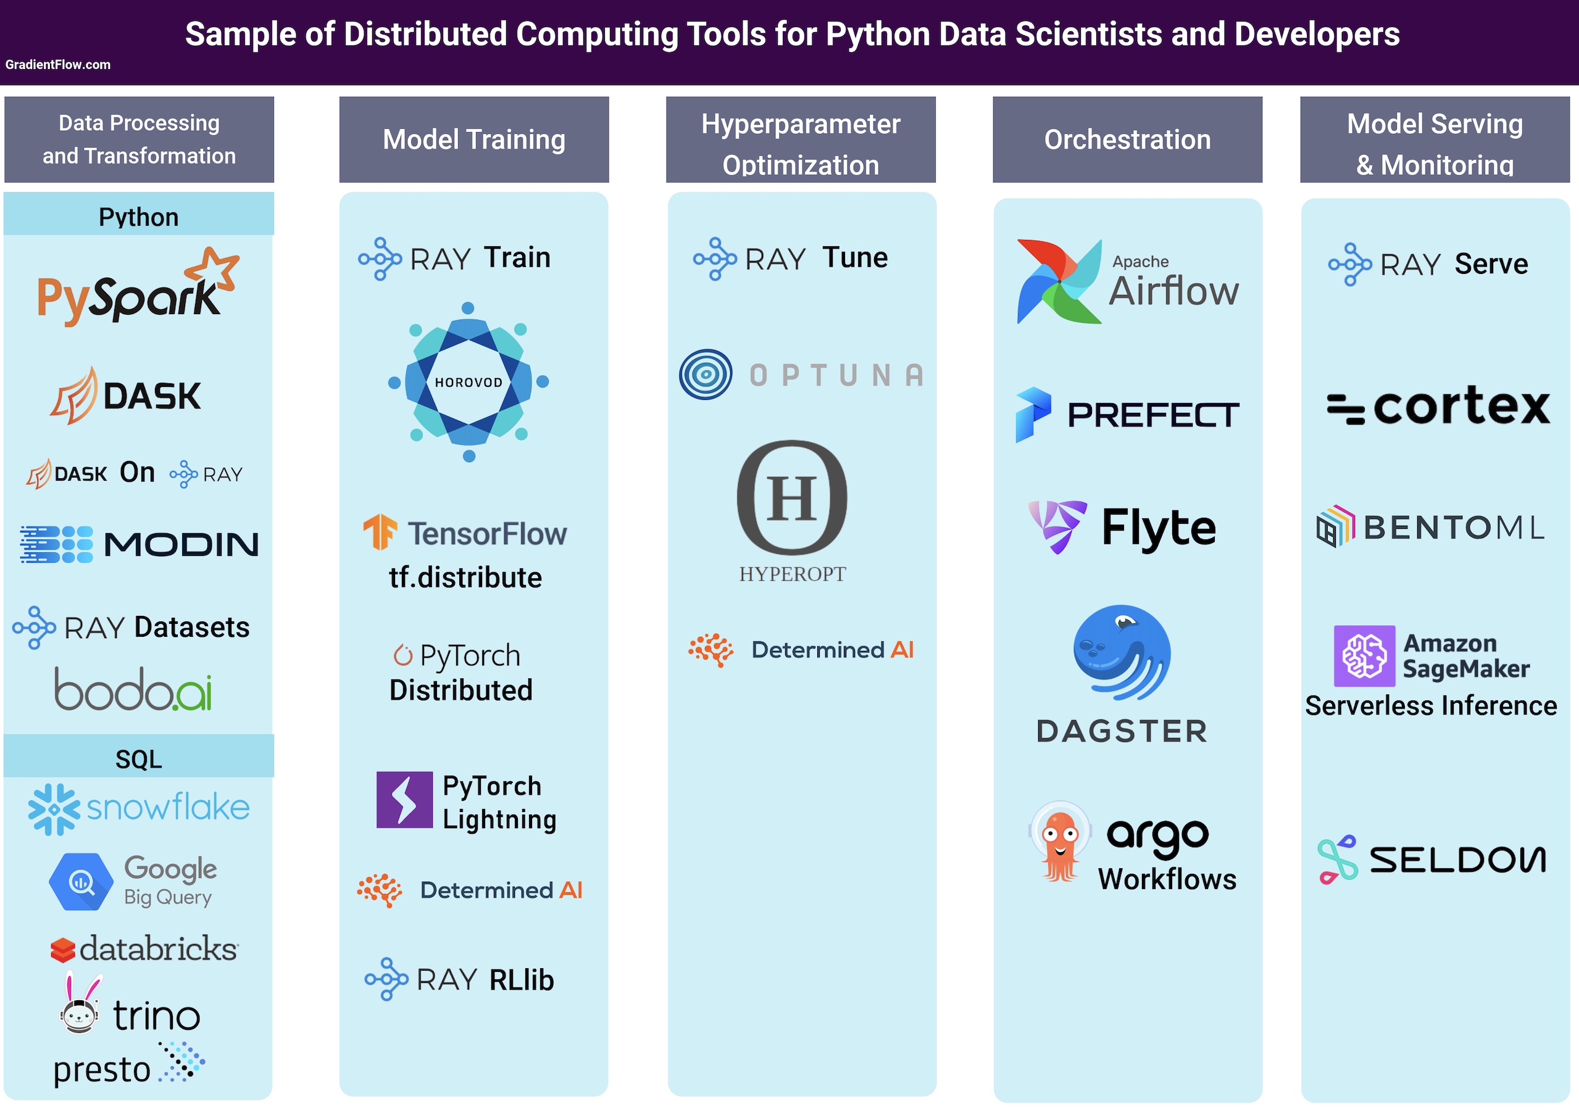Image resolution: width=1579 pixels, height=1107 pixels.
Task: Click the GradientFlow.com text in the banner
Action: [x=58, y=65]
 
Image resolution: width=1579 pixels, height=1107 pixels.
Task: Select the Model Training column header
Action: [x=474, y=139]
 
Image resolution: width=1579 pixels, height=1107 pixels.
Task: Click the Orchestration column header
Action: [x=1127, y=139]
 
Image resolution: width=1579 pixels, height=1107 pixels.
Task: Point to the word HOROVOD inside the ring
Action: [x=469, y=383]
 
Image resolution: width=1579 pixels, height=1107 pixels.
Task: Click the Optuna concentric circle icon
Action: [x=706, y=375]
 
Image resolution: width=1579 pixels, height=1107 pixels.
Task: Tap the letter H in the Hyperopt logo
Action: [x=792, y=498]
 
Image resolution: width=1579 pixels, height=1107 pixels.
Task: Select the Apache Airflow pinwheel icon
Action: [x=1059, y=281]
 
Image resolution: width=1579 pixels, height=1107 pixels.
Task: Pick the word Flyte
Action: [x=1159, y=528]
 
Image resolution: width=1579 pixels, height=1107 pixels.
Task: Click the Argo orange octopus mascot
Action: [x=1060, y=843]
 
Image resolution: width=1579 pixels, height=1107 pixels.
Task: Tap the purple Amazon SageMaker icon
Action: [x=1364, y=656]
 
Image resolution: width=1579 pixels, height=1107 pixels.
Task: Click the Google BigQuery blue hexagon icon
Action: [x=81, y=882]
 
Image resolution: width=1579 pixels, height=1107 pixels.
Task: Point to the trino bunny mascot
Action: [x=80, y=1005]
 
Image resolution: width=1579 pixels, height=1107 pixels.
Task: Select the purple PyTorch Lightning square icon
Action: [x=404, y=800]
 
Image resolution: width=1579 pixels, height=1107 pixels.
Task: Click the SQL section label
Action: [x=138, y=759]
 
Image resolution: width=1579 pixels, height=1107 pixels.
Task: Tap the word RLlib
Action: [x=521, y=980]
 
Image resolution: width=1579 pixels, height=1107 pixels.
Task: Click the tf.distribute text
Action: [x=465, y=578]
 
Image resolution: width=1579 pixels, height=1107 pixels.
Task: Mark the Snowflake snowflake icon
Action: [x=54, y=810]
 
